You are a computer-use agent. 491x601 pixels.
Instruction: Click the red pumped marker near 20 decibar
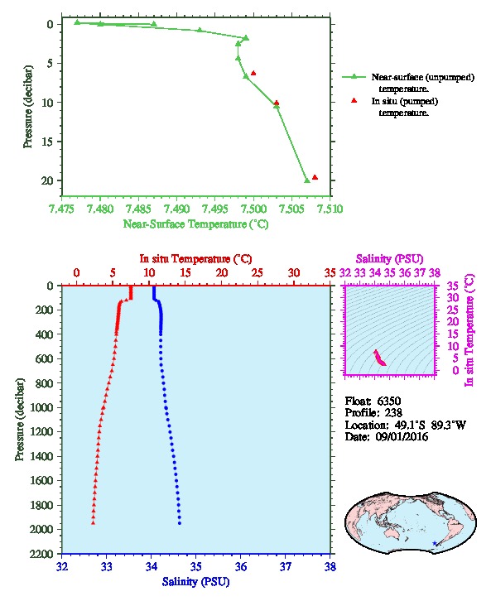pyautogui.click(x=315, y=177)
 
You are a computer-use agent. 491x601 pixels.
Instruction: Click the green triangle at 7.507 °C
pyautogui.click(x=307, y=180)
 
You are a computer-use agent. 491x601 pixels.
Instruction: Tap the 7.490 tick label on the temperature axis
pyautogui.click(x=176, y=209)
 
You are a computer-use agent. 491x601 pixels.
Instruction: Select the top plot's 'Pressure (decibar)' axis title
pyautogui.click(x=27, y=107)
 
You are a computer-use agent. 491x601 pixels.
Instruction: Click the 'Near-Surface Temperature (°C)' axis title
pyautogui.click(x=195, y=224)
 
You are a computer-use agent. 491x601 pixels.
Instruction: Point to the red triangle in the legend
pyautogui.click(x=354, y=100)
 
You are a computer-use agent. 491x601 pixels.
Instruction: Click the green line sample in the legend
pyautogui.click(x=354, y=77)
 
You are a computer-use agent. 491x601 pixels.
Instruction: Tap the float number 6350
pyautogui.click(x=388, y=401)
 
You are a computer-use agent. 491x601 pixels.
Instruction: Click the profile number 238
pyautogui.click(x=392, y=413)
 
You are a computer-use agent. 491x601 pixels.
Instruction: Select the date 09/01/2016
pyautogui.click(x=402, y=436)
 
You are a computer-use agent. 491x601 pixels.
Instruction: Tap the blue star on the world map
pyautogui.click(x=434, y=543)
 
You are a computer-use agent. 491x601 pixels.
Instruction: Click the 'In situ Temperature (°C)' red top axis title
pyautogui.click(x=195, y=259)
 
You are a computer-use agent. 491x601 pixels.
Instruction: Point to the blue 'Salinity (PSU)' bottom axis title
pyautogui.click(x=195, y=582)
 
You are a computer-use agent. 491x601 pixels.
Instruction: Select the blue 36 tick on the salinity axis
pyautogui.click(x=241, y=566)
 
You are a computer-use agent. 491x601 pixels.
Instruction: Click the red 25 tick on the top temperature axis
pyautogui.click(x=258, y=273)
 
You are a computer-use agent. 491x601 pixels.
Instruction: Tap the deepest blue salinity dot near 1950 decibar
pyautogui.click(x=180, y=523)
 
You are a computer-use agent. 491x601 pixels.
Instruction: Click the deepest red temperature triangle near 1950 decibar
pyautogui.click(x=93, y=523)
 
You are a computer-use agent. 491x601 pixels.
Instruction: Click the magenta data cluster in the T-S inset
pyautogui.click(x=379, y=358)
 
